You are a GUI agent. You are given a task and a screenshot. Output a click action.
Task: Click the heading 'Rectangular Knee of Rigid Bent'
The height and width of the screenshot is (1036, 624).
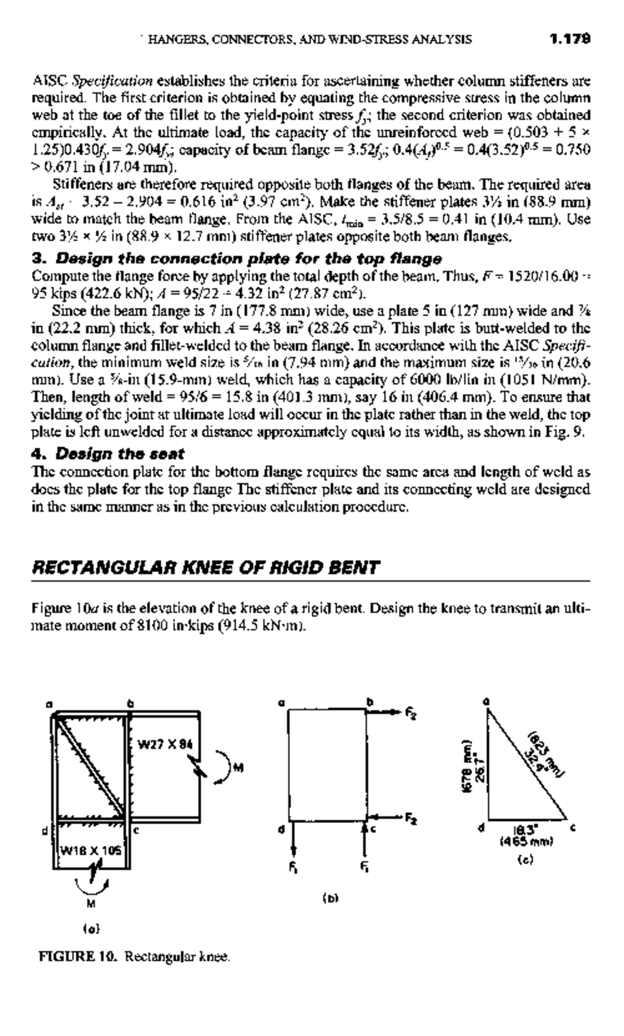(205, 567)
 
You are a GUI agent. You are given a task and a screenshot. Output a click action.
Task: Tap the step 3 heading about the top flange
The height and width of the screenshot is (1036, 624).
(237, 258)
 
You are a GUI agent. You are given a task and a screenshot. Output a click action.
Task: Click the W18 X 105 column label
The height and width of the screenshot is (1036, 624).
(91, 851)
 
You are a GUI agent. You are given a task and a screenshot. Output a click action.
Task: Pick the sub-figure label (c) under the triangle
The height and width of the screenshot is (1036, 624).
(526, 860)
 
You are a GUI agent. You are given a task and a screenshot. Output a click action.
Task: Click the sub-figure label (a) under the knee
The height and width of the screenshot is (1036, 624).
(91, 928)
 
